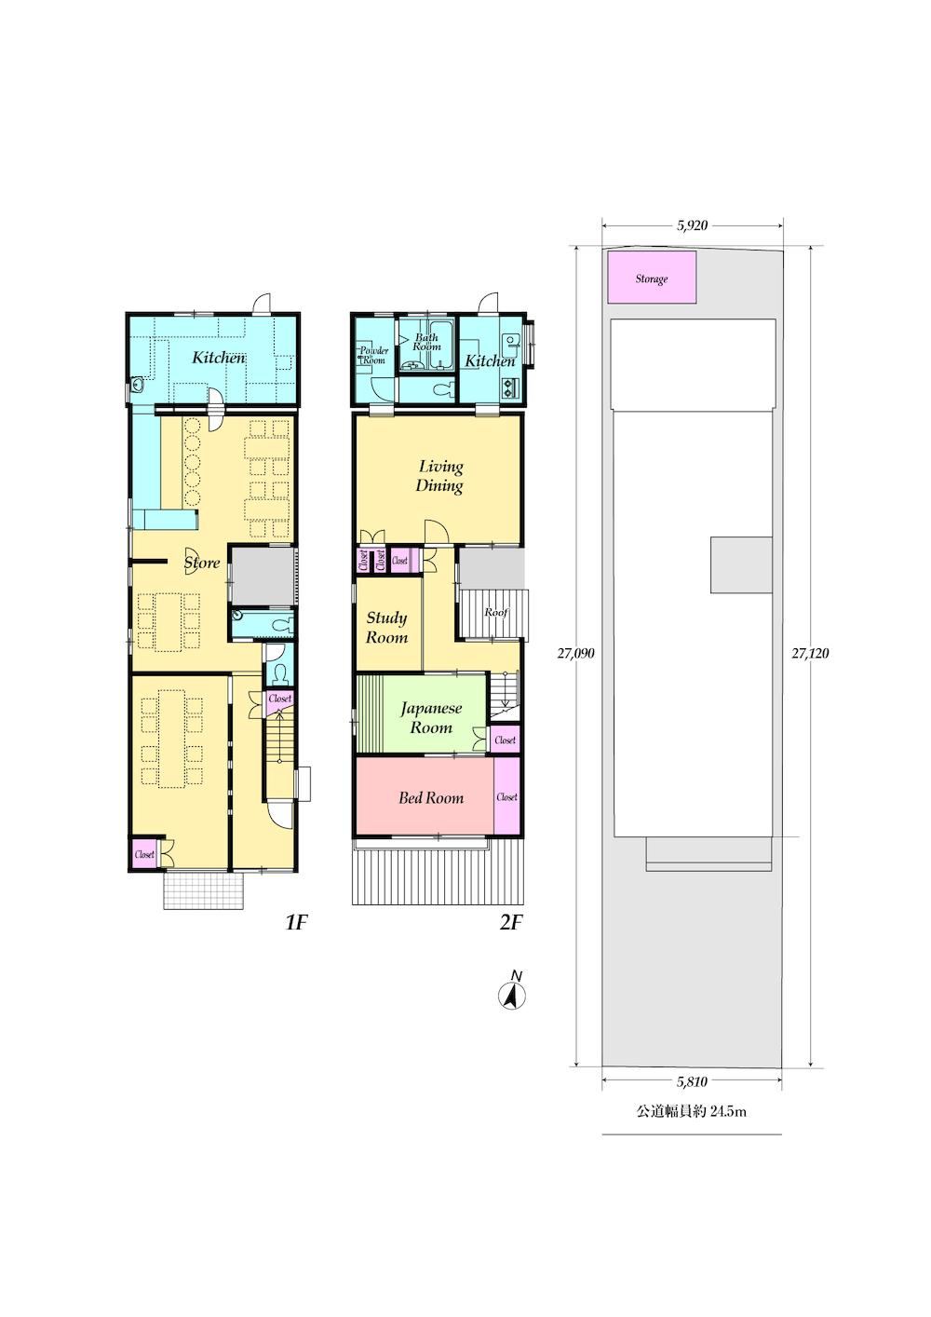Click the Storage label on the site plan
(651, 278)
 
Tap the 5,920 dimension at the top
(692, 225)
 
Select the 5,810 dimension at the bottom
(692, 1081)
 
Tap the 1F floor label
(296, 923)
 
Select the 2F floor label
(511, 923)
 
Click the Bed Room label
(431, 798)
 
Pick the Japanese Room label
(431, 718)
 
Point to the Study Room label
(386, 628)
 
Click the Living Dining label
(440, 476)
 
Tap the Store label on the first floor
(202, 563)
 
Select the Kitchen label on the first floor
(219, 358)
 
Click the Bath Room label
(426, 342)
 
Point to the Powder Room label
(374, 355)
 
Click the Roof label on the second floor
(496, 613)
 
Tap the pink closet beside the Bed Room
(506, 796)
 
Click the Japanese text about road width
(692, 1112)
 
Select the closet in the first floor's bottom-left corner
(144, 854)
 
